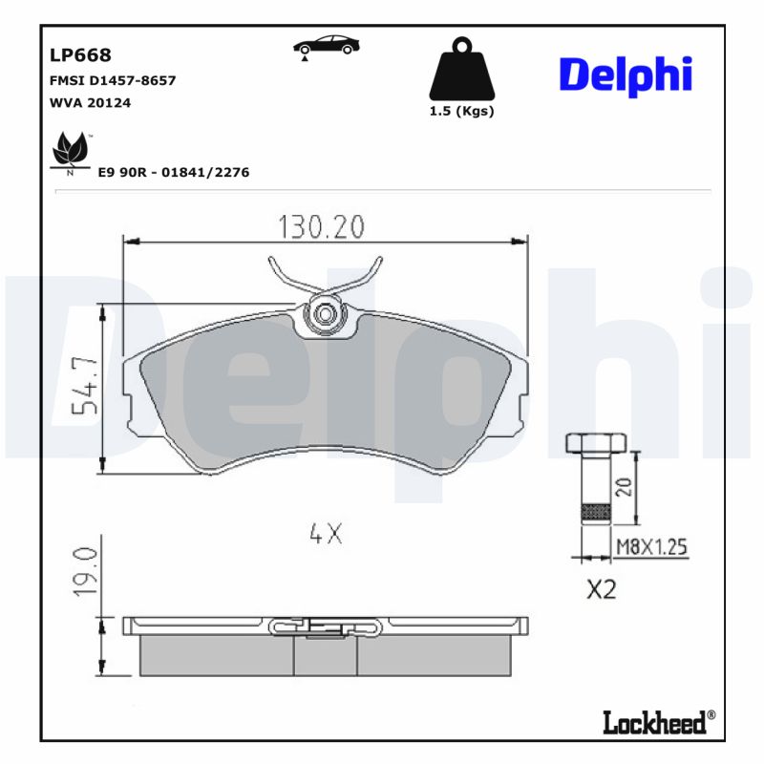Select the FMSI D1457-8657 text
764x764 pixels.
[111, 81]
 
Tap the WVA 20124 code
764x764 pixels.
[89, 103]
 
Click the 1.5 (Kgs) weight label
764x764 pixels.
[463, 111]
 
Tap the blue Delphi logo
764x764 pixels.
[626, 74]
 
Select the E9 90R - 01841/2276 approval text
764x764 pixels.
[174, 173]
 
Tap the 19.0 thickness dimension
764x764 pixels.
[84, 571]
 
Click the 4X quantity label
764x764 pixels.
[326, 535]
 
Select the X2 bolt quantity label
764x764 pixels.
[601, 590]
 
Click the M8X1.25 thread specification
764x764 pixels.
[651, 546]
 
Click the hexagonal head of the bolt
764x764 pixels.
[595, 443]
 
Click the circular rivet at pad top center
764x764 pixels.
[326, 313]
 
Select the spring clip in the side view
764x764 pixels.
[326, 626]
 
